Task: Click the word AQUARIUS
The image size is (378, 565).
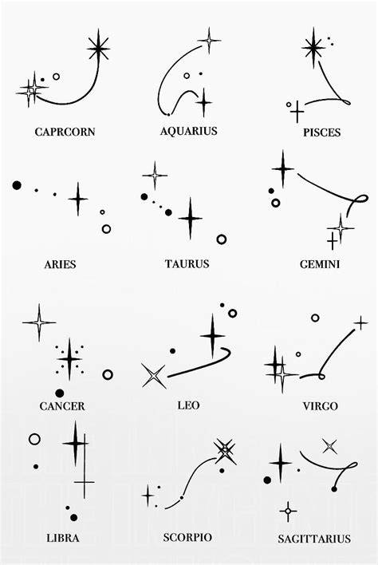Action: [189, 131]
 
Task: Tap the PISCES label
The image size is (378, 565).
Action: [321, 132]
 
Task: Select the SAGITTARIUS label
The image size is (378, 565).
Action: [314, 539]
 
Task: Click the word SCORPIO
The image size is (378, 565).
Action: [187, 538]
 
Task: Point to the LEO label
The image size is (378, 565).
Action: [188, 405]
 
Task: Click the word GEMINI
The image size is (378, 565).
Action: [320, 264]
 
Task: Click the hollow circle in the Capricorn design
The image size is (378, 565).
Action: [56, 77]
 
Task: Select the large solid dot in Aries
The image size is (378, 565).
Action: [17, 185]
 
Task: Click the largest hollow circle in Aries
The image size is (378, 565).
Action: [106, 229]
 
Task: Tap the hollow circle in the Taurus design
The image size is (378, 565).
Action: [222, 239]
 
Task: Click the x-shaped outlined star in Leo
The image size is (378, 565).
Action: [154, 376]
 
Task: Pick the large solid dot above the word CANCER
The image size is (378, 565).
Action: [60, 393]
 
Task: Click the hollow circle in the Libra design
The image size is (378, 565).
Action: [34, 439]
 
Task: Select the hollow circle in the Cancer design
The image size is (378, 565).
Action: [108, 375]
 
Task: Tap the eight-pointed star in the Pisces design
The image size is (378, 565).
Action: [313, 47]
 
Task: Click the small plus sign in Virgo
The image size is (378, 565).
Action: [360, 323]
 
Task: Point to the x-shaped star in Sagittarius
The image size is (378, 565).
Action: [329, 447]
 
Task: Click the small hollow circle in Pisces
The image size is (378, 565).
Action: [289, 105]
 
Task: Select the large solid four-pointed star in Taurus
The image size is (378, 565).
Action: [190, 218]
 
